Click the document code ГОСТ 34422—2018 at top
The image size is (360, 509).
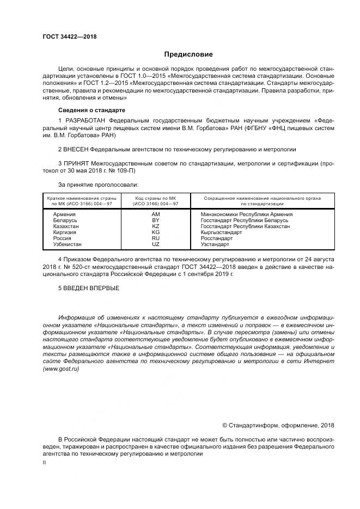pos(69,36)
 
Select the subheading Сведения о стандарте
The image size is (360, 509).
pos(88,110)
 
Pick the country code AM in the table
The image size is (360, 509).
pos(155,214)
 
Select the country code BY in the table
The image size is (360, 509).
pos(155,220)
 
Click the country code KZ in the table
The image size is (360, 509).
pos(155,226)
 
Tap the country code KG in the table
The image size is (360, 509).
pos(155,232)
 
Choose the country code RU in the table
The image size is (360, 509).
pos(155,238)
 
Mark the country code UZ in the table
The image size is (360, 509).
pos(155,244)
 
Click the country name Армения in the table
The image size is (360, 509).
pos(64,214)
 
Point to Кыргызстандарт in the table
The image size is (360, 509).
pos(221,232)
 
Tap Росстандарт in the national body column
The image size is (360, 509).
pos(216,238)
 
